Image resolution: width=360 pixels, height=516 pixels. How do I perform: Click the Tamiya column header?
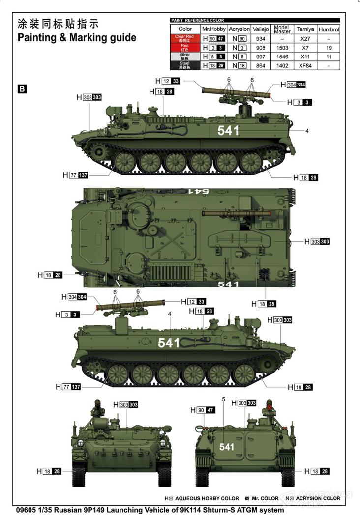pos(305,29)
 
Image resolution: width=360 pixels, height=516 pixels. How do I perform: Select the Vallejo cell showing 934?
pos(261,38)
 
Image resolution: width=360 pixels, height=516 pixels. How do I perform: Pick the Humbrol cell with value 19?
pos(329,48)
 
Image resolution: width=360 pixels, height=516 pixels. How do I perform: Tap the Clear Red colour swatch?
pos(184,38)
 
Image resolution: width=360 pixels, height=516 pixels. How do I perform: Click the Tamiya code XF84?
pos(305,65)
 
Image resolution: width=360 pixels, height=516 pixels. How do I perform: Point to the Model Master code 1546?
pos(282,57)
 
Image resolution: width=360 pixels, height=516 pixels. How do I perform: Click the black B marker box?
pos(22,89)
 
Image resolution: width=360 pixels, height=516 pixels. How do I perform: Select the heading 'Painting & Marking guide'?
pos(77,37)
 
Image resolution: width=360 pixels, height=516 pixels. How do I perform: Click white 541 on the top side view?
pos(228,131)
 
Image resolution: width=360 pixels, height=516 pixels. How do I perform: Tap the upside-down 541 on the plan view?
pos(199,191)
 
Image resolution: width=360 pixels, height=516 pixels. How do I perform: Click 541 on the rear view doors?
pos(227,447)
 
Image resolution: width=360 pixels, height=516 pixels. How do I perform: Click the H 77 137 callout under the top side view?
pos(75,175)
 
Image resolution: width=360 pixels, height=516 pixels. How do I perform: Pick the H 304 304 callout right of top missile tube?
pos(293,85)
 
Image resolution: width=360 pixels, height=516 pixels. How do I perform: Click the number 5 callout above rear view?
pos(224,399)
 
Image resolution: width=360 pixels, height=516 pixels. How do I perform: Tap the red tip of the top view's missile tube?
pos(270,214)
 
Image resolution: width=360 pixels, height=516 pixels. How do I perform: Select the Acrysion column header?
pos(240,29)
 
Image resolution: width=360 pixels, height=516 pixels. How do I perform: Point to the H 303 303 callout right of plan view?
pos(317,242)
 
